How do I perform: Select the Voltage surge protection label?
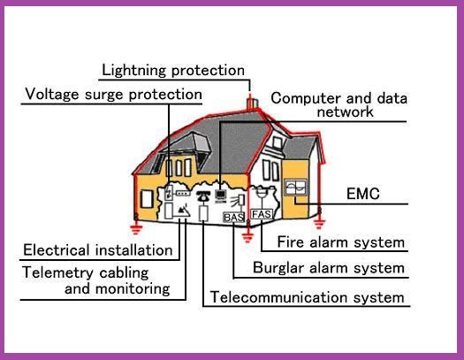click(113, 94)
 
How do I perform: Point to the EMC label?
click(362, 195)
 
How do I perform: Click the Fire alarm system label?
click(340, 241)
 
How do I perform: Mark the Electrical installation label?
click(97, 250)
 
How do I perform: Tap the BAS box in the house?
click(233, 217)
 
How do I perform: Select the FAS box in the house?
click(262, 214)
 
